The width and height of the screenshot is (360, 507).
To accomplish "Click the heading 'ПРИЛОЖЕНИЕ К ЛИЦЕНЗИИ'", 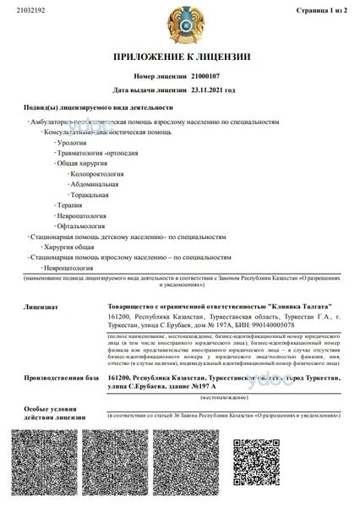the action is (x=179, y=57).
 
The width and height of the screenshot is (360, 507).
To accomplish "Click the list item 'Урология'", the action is (x=73, y=143).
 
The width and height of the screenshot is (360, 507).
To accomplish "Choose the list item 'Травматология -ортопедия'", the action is (x=95, y=153).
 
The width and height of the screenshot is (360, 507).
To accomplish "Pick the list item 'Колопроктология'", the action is (x=98, y=173).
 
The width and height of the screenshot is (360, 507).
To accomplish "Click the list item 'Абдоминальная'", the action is (x=95, y=183).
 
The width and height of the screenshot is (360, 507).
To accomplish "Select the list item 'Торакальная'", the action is (x=90, y=194).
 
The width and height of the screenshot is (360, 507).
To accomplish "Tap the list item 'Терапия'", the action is (x=70, y=205).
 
